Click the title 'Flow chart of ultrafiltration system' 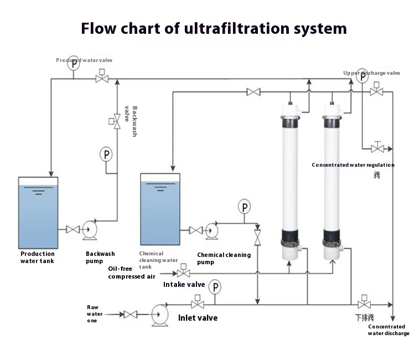click(214, 28)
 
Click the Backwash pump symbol click(90, 229)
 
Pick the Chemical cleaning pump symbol click(211, 230)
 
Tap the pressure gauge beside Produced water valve click(74, 63)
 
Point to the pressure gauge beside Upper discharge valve click(362, 76)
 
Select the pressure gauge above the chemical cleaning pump click(244, 207)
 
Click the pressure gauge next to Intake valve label click(214, 287)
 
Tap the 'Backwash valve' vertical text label click(131, 121)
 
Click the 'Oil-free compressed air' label click(131, 272)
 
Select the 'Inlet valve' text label click(198, 318)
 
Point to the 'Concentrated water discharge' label click(388, 330)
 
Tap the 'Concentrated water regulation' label click(353, 164)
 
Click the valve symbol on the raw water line click(131, 314)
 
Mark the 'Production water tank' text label click(38, 258)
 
